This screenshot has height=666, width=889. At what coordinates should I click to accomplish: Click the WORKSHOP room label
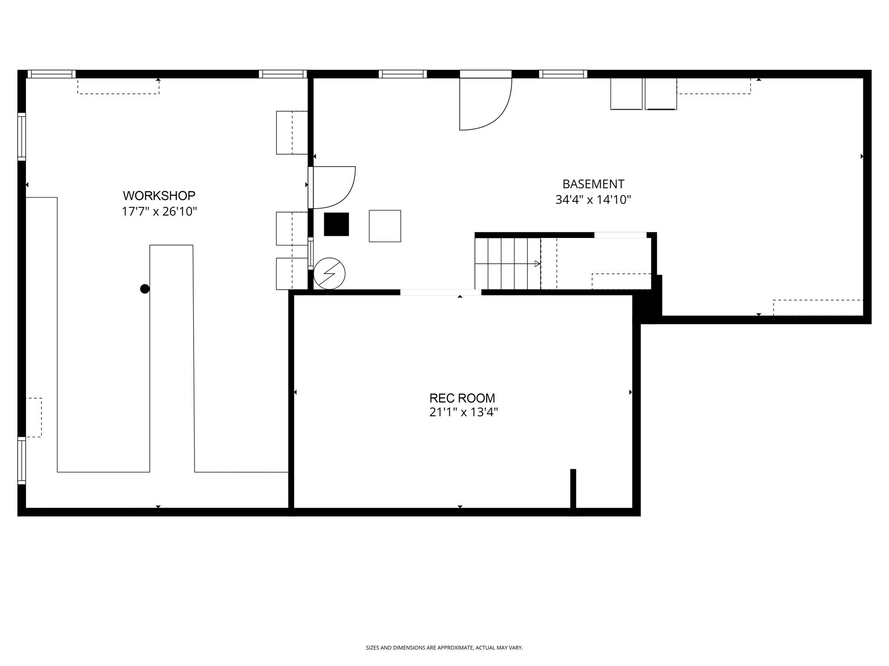tap(159, 196)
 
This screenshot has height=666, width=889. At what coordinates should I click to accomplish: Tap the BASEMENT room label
tap(593, 184)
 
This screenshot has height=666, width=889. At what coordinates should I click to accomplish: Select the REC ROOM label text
tap(462, 398)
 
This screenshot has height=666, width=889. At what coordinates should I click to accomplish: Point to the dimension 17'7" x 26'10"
tap(159, 212)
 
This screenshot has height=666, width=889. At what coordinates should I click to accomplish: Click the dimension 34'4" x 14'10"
tap(593, 200)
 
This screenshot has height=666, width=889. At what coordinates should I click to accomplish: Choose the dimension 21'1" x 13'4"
tap(463, 412)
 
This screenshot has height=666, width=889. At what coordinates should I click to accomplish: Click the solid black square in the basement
tap(336, 224)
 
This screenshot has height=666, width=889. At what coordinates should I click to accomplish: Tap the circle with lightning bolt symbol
tap(329, 274)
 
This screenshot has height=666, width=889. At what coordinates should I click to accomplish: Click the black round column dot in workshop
tap(145, 289)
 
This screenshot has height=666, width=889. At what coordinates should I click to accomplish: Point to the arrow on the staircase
tap(537, 264)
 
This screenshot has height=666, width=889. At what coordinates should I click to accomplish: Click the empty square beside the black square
tap(385, 226)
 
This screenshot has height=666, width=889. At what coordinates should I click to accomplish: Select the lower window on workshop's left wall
tap(21, 460)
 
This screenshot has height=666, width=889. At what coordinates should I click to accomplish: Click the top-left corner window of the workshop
tap(52, 74)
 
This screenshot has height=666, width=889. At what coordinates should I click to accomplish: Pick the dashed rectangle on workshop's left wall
tap(34, 417)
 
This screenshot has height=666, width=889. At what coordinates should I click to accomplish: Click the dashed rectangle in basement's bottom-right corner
tap(818, 308)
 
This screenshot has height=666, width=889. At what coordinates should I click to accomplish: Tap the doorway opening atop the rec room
tap(440, 292)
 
